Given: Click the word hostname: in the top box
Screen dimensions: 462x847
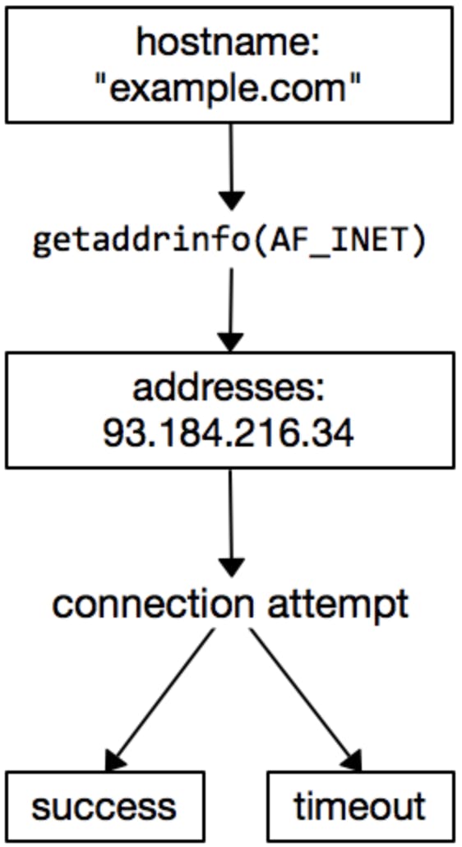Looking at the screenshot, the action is [229, 44].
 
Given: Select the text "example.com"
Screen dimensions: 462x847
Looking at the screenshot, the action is [227, 87].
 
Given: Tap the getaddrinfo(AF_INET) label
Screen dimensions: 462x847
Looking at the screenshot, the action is [230, 243].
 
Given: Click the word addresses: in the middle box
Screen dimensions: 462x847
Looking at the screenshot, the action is [229, 388].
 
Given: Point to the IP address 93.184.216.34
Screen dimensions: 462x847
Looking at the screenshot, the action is [229, 433].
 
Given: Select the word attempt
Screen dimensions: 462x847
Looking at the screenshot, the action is [338, 605].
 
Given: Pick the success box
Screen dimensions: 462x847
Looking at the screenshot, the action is [105, 807].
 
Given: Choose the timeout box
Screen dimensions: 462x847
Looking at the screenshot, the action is [360, 807].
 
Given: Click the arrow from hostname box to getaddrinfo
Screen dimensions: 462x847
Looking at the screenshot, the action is [232, 166].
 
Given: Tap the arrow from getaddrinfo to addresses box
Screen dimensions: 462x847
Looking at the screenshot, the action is [231, 310].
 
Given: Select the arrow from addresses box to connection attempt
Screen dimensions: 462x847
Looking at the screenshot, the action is [231, 523].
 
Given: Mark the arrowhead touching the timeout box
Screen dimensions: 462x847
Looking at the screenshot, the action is [351, 760].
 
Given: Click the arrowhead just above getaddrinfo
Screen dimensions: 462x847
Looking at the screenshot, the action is [232, 201].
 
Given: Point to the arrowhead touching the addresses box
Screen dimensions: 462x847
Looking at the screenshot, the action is [231, 342].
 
